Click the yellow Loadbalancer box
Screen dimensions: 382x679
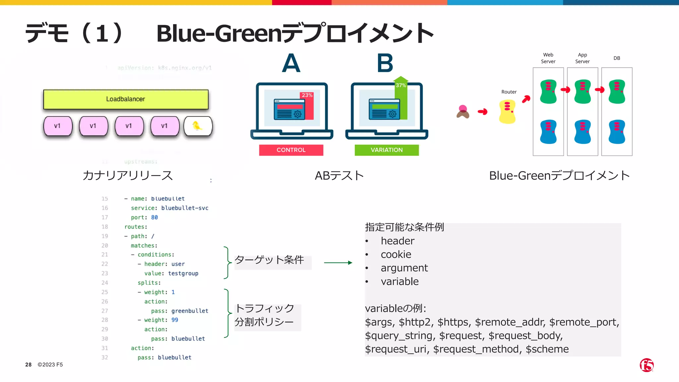pyautogui.click(x=126, y=99)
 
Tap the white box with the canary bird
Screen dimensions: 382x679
pyautogui.click(x=198, y=126)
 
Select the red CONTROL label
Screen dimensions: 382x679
pyautogui.click(x=291, y=150)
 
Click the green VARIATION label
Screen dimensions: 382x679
pyautogui.click(x=387, y=150)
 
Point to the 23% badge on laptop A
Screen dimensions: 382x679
pyautogui.click(x=307, y=95)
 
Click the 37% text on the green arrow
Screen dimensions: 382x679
pyautogui.click(x=401, y=85)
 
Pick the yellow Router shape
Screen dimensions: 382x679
pyautogui.click(x=507, y=112)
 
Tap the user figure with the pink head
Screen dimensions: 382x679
pyautogui.click(x=463, y=112)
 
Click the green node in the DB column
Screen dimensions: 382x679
pyautogui.click(x=617, y=92)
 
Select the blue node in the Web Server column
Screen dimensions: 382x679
pyautogui.click(x=548, y=132)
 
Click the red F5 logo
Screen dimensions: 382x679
pyautogui.click(x=647, y=365)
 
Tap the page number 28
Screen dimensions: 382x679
pyautogui.click(x=29, y=365)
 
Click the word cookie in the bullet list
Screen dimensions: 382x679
pyautogui.click(x=396, y=254)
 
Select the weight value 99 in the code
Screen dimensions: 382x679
pyautogui.click(x=175, y=320)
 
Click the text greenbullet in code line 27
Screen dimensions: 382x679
pyautogui.click(x=190, y=311)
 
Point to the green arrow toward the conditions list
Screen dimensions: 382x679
pyautogui.click(x=338, y=263)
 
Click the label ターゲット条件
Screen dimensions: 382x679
pyautogui.click(x=269, y=260)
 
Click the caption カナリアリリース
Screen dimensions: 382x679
pyautogui.click(x=128, y=175)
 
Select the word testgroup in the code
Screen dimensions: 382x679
pyautogui.click(x=183, y=274)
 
